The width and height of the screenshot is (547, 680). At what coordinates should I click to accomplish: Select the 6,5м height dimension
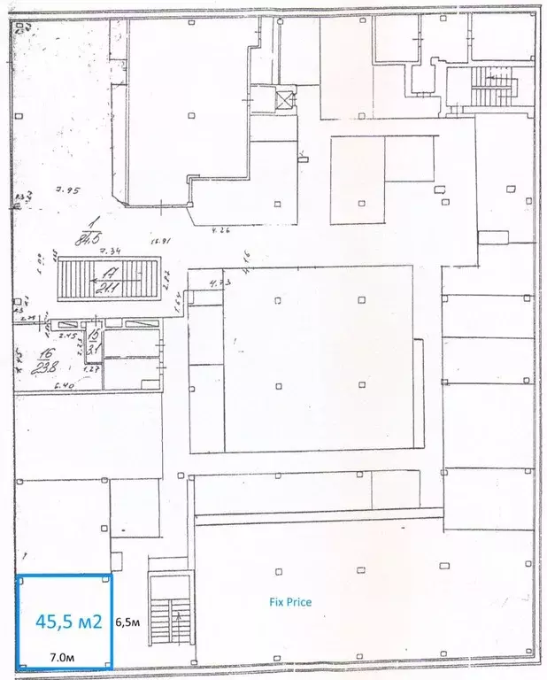(128, 622)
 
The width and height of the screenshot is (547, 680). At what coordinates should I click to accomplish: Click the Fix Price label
(290, 602)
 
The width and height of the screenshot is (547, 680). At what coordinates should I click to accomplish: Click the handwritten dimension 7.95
(67, 190)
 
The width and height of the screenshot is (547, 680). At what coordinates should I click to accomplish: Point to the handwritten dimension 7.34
(107, 254)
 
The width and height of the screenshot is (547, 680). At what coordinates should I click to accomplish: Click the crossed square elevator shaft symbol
(285, 99)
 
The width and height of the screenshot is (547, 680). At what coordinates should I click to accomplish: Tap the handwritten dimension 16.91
(159, 240)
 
